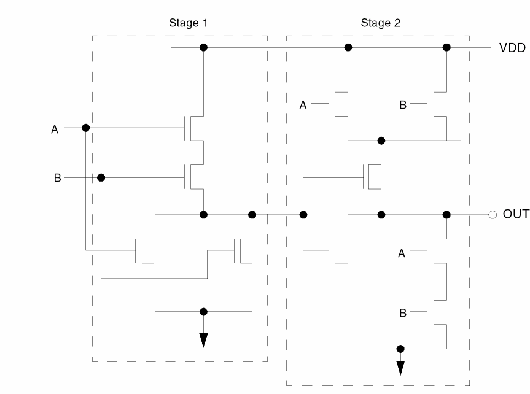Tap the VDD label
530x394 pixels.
(x=512, y=48)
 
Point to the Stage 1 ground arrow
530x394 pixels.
(x=203, y=340)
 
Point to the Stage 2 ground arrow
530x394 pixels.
(x=400, y=366)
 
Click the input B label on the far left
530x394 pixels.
(x=57, y=178)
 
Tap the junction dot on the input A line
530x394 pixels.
(x=85, y=128)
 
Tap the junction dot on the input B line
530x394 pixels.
(x=101, y=177)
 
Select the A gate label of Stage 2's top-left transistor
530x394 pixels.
(x=303, y=106)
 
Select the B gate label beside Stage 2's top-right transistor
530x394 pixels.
(x=403, y=106)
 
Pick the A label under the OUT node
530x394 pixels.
(x=402, y=252)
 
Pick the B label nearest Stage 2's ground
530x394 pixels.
(x=403, y=312)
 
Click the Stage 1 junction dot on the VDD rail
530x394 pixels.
(x=203, y=47)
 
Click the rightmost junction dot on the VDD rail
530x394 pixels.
(x=446, y=47)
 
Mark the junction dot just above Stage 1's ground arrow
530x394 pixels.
(x=203, y=311)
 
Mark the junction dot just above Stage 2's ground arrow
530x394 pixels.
(x=400, y=349)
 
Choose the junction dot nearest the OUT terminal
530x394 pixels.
(x=446, y=215)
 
